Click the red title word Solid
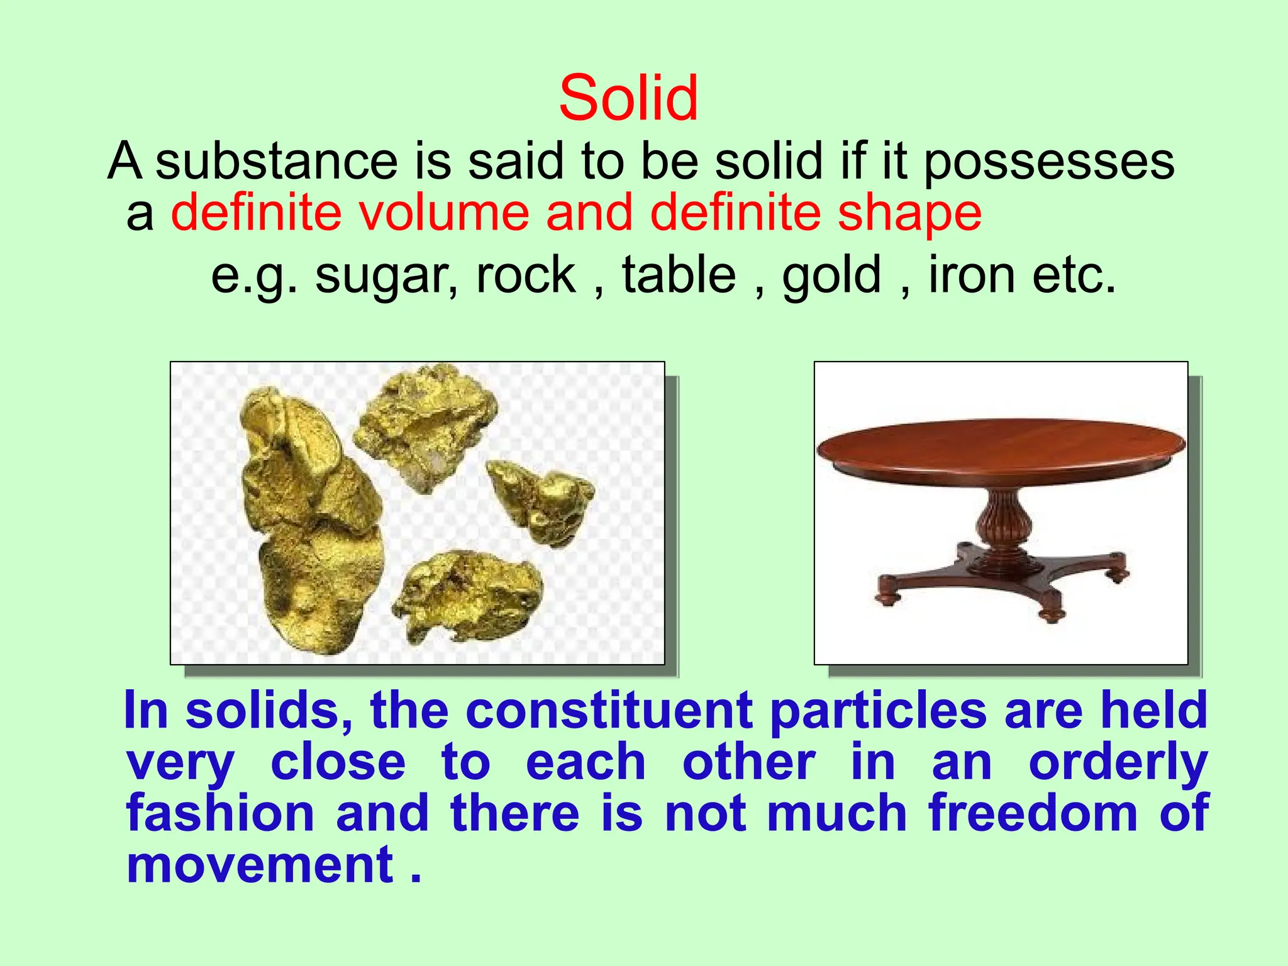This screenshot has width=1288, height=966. [x=628, y=99]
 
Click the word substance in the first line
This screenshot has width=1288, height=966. [x=276, y=162]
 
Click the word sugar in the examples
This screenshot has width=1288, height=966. [x=382, y=275]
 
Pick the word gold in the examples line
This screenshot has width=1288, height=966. [x=831, y=275]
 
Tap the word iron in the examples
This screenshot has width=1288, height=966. [x=972, y=275]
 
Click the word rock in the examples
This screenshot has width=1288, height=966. [x=526, y=275]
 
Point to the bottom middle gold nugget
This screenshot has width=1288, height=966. [x=469, y=594]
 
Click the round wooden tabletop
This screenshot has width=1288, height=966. [x=1000, y=443]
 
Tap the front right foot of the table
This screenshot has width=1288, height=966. [x=1052, y=613]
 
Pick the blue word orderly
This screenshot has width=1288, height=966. [x=1118, y=763]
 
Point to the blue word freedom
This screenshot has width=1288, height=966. [x=1033, y=813]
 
